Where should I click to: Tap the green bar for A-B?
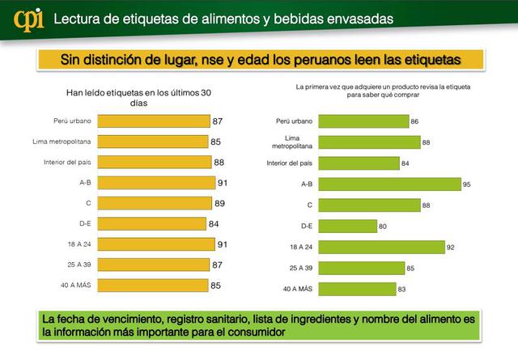[388, 184]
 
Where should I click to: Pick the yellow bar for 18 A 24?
[155, 244]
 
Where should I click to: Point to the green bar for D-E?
[346, 227]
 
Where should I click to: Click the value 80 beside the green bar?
[384, 227]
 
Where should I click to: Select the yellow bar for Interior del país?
[155, 163]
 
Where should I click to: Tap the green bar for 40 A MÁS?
[356, 289]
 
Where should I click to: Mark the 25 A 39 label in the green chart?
[295, 268]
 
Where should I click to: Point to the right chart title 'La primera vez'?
[383, 90]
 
